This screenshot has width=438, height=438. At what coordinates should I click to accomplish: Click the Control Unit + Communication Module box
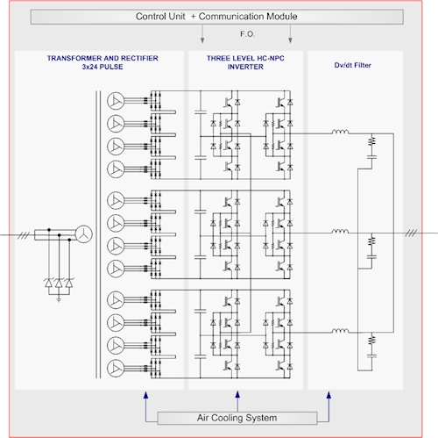[217, 17]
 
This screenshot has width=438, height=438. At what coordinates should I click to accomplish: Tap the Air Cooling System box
[237, 418]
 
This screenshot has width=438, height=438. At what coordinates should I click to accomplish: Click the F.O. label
[248, 34]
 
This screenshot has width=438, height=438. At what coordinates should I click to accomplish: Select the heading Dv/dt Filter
[353, 65]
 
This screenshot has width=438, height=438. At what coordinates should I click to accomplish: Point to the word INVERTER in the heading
[245, 67]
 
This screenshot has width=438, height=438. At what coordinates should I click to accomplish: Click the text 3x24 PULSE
[102, 67]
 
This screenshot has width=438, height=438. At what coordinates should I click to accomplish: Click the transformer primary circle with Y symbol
[84, 234]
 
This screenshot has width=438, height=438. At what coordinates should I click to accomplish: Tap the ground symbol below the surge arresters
[59, 298]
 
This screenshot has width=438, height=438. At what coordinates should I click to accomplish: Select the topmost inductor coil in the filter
[340, 132]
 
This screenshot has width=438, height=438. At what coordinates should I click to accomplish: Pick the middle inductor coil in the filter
[340, 231]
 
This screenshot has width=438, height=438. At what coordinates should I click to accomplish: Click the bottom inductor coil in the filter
[340, 331]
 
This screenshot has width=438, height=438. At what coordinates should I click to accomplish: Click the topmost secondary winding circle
[116, 101]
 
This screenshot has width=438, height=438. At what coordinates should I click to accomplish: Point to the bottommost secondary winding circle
[116, 369]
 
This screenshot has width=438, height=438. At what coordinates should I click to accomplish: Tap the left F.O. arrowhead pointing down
[202, 40]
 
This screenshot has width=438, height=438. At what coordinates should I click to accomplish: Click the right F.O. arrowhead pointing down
[290, 40]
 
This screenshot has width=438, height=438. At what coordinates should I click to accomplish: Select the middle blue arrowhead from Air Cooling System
[237, 395]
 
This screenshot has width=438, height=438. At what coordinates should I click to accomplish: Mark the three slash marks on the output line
[411, 233]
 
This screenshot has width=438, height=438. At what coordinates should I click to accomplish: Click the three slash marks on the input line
[24, 235]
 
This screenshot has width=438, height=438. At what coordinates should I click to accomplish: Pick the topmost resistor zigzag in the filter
[371, 141]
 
